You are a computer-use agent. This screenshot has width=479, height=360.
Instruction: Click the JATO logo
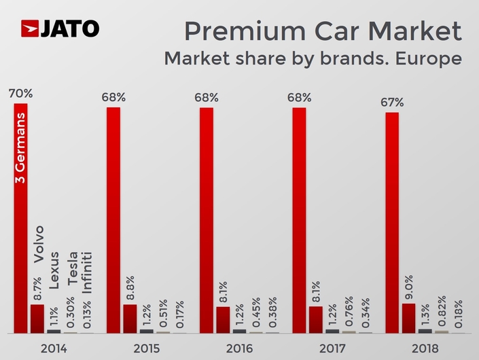[x=60, y=29]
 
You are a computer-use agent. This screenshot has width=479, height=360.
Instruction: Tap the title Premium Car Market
[x=323, y=31]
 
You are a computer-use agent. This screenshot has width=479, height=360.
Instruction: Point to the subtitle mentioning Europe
[x=313, y=58]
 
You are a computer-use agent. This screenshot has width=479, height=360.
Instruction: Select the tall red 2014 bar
[x=20, y=217]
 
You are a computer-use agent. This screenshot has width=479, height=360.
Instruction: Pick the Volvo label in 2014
[x=38, y=243]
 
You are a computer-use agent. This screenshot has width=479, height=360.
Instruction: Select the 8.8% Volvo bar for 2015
[x=130, y=319]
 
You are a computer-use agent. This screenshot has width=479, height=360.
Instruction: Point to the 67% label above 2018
[x=392, y=103]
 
